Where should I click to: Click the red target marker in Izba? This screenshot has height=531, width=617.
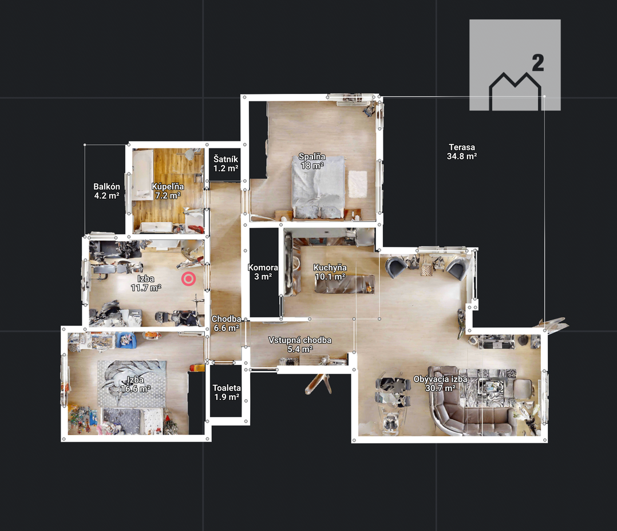pyautogui.click(x=189, y=279)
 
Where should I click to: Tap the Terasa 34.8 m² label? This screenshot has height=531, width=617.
pyautogui.click(x=462, y=152)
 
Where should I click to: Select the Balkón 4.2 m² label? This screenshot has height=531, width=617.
pyautogui.click(x=106, y=191)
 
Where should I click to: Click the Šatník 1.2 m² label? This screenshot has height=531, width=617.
pyautogui.click(x=226, y=164)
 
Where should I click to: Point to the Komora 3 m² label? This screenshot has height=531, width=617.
pyautogui.click(x=263, y=272)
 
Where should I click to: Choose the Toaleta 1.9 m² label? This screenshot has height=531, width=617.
pyautogui.click(x=227, y=392)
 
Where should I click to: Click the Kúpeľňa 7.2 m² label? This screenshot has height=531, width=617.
pyautogui.click(x=168, y=191)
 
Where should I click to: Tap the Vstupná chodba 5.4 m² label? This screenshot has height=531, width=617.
pyautogui.click(x=300, y=345)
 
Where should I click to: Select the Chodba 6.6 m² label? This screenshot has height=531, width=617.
pyautogui.click(x=226, y=324)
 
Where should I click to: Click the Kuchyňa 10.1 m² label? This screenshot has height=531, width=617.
pyautogui.click(x=330, y=272)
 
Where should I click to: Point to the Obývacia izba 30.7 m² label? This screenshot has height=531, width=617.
pyautogui.click(x=440, y=384)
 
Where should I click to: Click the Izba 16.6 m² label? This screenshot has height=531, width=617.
pyautogui.click(x=135, y=384)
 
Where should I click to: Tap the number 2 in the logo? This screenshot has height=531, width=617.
pyautogui.click(x=538, y=63)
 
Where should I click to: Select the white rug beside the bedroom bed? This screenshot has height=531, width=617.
pyautogui.click(x=358, y=184)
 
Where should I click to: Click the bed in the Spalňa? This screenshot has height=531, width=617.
pyautogui.click(x=318, y=187)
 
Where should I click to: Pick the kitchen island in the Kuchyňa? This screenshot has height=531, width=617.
pyautogui.click(x=345, y=284)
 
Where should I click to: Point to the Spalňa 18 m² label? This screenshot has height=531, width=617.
pyautogui.click(x=312, y=161)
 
